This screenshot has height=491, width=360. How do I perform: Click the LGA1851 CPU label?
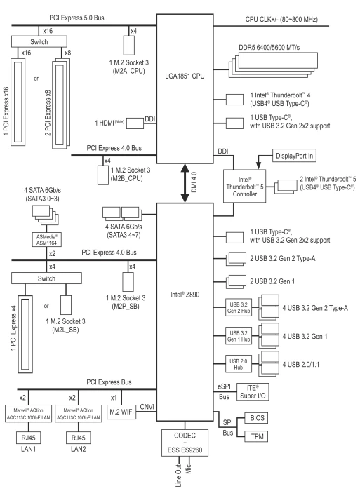tap(185, 76)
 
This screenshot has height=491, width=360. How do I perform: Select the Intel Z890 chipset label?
tap(185, 295)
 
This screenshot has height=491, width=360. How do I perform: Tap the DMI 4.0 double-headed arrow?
tap(185, 183)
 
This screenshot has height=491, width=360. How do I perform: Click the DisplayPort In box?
tap(294, 156)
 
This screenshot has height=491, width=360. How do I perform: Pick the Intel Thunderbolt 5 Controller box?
tap(244, 187)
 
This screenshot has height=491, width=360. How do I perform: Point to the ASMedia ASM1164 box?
tap(46, 240)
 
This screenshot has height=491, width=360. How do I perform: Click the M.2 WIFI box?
tap(121, 412)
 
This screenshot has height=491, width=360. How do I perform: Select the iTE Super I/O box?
tap(253, 391)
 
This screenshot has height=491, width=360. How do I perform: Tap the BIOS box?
tap(257, 418)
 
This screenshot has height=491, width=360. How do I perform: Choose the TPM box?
tap(257, 436)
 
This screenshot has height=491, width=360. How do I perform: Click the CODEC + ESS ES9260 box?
tap(185, 443)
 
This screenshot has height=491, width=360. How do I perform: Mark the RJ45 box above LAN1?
tap(28, 438)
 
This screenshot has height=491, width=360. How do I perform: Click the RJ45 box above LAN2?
tap(79, 438)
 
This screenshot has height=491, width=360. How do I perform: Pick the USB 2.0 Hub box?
tap(239, 364)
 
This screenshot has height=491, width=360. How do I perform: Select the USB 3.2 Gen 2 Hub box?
tap(239, 307)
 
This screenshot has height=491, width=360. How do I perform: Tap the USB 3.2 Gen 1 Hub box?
tap(239, 336)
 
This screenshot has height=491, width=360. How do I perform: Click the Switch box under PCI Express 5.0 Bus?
tap(39, 41)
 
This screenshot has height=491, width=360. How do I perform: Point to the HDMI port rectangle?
tap(135, 123)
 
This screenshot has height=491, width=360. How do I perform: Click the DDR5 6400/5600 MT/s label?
tap(269, 47)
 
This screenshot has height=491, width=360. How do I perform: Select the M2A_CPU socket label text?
tap(129, 71)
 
